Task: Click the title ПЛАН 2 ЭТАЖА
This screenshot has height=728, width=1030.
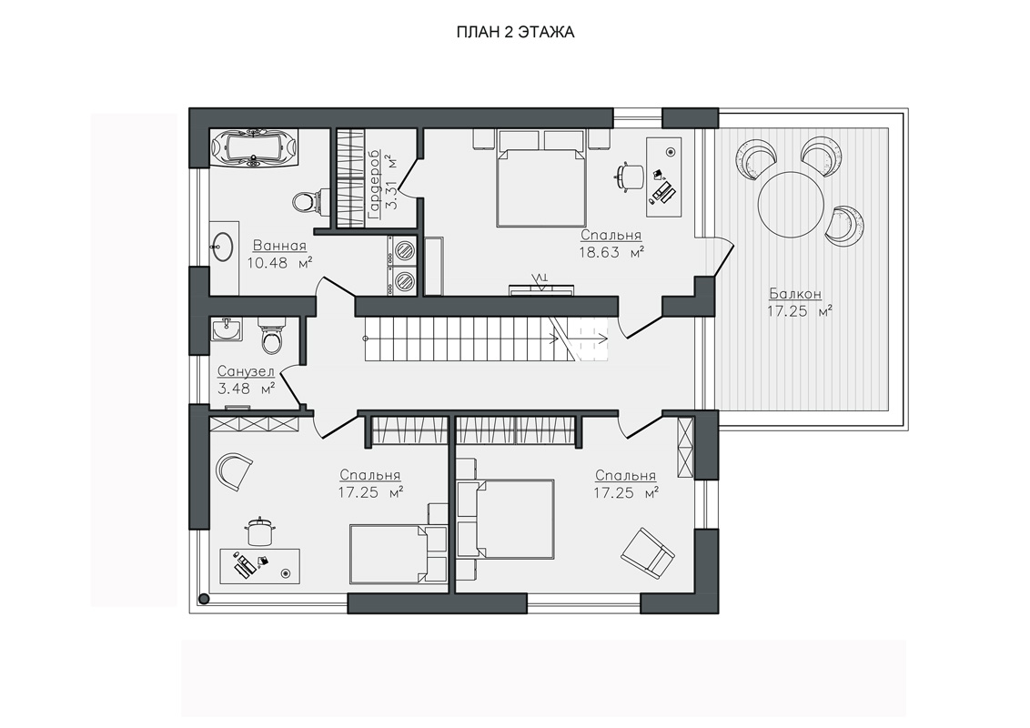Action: [515, 32]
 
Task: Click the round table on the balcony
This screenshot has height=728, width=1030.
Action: [791, 203]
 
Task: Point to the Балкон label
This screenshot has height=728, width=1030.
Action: [795, 294]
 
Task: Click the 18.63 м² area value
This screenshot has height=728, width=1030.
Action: [611, 252]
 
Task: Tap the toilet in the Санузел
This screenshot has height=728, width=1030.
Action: [271, 335]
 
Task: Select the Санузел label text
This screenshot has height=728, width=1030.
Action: [246, 372]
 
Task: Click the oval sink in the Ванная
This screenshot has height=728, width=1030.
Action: [224, 246]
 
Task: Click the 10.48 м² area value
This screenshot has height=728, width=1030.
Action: [279, 263]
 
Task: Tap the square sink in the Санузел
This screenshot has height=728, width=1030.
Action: [226, 329]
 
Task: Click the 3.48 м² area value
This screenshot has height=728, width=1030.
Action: [246, 389]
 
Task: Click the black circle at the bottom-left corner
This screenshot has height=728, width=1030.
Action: [205, 599]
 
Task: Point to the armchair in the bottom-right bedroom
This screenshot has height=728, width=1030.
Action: [648, 552]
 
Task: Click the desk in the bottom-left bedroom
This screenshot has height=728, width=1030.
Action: [259, 566]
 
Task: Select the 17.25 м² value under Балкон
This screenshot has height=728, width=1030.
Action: [800, 311]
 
